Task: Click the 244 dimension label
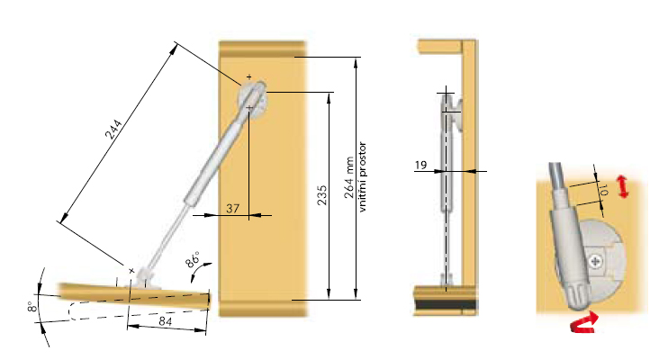113,130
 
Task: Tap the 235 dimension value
321,195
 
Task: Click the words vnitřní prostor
363,176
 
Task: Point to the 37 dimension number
232,209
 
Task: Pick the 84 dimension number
167,322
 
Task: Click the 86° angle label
193,259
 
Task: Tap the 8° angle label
31,306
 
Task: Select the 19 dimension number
420,165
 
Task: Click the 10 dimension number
604,190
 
